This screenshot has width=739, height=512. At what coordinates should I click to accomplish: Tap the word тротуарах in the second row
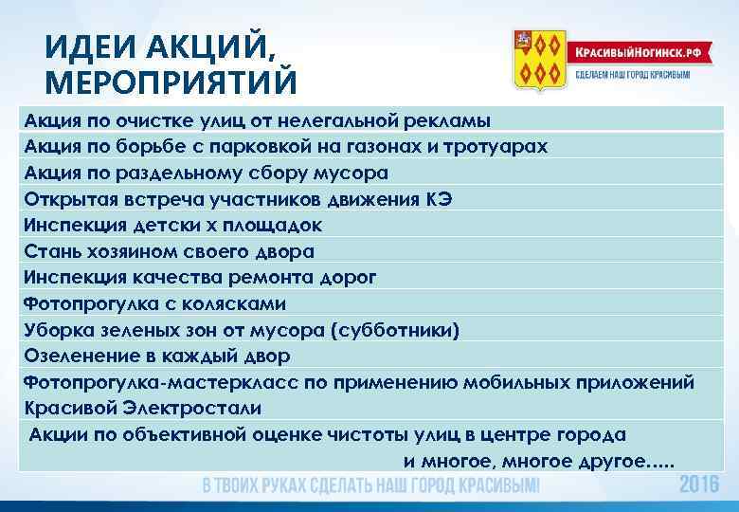498,147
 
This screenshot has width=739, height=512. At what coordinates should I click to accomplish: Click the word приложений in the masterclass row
631,382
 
